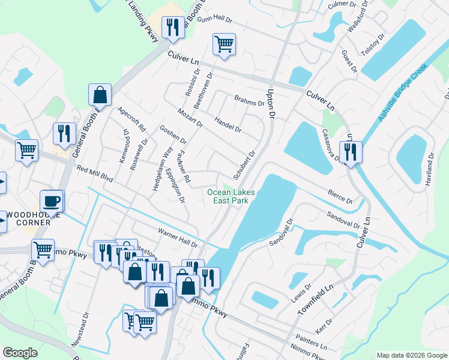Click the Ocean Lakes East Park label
[231, 196]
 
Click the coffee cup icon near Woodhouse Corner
[52, 202]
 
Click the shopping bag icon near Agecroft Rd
[100, 95]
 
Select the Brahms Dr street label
[249, 101]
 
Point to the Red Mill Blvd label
[95, 173]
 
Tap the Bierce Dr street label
[340, 196]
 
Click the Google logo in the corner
[20, 352]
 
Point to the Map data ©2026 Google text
[411, 355]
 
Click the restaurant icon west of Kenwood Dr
[64, 134]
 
